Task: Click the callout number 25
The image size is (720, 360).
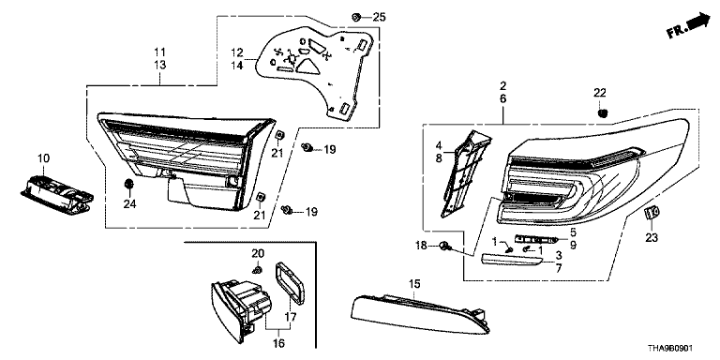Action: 379,18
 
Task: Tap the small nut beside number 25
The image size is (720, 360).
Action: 355,18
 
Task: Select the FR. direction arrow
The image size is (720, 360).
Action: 688,25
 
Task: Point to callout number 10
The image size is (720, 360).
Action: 44,158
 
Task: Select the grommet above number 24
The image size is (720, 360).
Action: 129,184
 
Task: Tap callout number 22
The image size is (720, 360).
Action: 600,93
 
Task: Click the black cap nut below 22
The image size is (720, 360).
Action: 603,112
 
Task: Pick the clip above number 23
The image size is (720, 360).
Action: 652,213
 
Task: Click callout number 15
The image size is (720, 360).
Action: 414,284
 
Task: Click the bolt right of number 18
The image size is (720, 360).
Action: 445,247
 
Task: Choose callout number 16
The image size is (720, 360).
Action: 278,343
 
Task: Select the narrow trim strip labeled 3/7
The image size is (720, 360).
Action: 512,260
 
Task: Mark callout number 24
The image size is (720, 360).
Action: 129,203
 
